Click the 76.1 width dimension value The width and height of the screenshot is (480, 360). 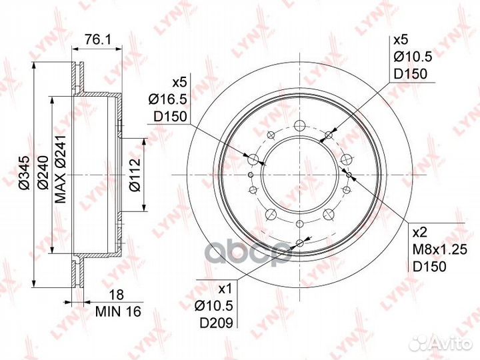97,39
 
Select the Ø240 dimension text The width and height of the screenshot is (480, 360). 43,173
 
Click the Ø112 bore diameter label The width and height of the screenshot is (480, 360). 135,175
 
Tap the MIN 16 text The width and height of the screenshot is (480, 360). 118,311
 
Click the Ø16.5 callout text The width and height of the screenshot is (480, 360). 167,99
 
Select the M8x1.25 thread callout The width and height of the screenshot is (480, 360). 439,250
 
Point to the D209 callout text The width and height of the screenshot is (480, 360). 217,323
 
